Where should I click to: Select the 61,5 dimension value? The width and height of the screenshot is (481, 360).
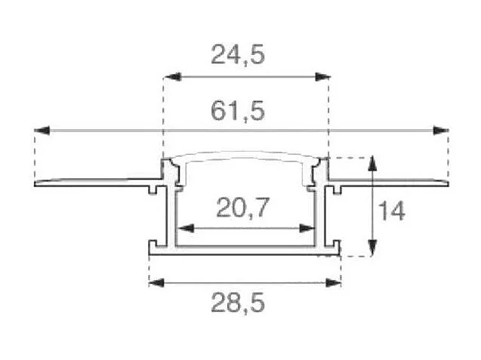(237, 112)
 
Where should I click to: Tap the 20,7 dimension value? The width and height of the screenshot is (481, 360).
(243, 207)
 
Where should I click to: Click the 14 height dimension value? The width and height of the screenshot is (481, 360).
(391, 211)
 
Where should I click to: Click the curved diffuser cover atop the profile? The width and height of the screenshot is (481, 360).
(245, 155)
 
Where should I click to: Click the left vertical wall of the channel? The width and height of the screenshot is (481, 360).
(174, 219)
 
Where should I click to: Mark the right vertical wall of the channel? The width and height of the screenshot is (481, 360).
(320, 219)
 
